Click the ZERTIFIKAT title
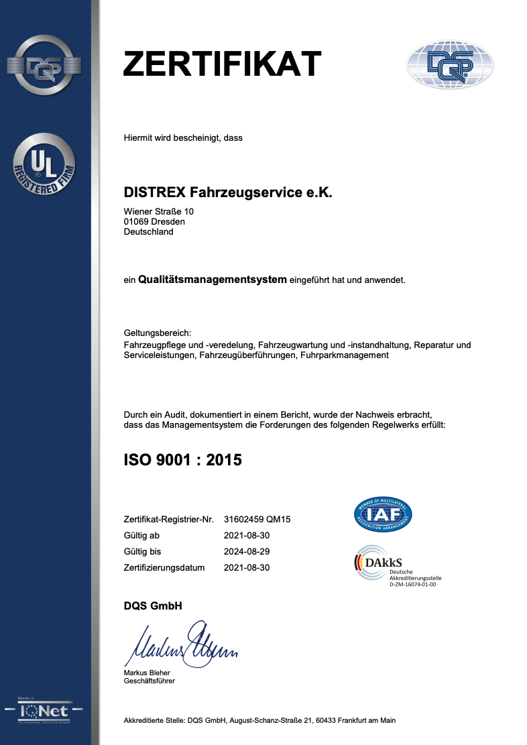pyautogui.click(x=223, y=64)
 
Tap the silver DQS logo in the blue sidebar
pyautogui.click(x=44, y=65)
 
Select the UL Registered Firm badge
pyautogui.click(x=44, y=164)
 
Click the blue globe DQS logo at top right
pyautogui.click(x=450, y=64)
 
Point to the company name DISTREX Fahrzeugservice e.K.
pyautogui.click(x=228, y=192)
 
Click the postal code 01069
pyautogui.click(x=136, y=222)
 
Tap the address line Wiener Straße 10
pyautogui.click(x=159, y=211)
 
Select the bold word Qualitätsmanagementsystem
pyautogui.click(x=213, y=279)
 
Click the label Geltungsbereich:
pyautogui.click(x=158, y=333)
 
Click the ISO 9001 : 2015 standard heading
pyautogui.click(x=183, y=460)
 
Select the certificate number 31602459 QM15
pyautogui.click(x=257, y=520)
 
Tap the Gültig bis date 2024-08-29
pyautogui.click(x=246, y=551)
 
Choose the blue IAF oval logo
pyautogui.click(x=383, y=514)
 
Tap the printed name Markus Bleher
pyautogui.click(x=147, y=673)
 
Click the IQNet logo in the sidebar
pyautogui.click(x=44, y=710)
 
